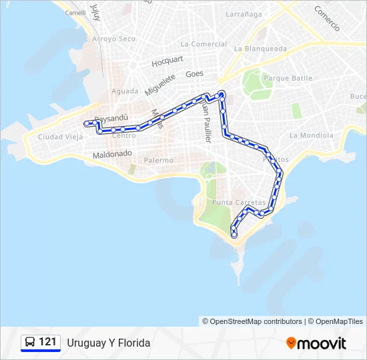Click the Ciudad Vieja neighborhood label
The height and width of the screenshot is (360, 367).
tap(61, 137)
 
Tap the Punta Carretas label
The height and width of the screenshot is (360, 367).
tap(238, 202)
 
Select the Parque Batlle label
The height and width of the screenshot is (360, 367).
tap(288, 78)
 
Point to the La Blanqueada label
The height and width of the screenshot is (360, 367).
tap(260, 49)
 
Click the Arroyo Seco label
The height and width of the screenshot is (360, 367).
tap(113, 39)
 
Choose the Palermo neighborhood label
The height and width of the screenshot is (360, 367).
tap(159, 160)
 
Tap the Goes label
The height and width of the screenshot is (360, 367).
tap(195, 74)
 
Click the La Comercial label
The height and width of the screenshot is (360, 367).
tap(204, 44)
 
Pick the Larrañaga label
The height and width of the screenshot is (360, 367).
tap(244, 13)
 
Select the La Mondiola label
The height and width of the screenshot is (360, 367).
tap(311, 135)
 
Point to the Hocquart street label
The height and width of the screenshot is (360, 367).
tap(167, 61)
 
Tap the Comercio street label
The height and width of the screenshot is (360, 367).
tap(327, 18)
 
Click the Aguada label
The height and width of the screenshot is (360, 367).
tap(125, 91)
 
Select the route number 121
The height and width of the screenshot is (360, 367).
tap(47, 342)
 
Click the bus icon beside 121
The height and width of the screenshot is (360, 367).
tap(31, 343)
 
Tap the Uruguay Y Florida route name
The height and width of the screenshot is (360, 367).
tap(109, 343)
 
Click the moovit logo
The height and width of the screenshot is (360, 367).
tap(316, 343)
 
